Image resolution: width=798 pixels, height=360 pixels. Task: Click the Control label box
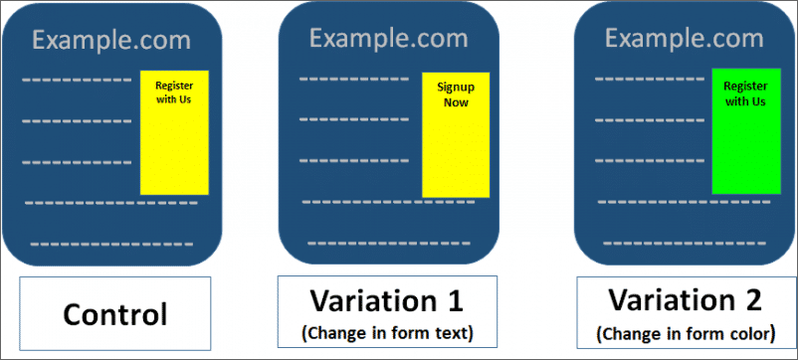[x=115, y=313]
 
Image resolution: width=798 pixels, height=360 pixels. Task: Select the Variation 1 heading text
[x=387, y=301]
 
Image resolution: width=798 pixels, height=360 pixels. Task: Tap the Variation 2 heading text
[x=686, y=301]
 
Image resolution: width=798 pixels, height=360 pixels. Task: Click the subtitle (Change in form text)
[x=387, y=333]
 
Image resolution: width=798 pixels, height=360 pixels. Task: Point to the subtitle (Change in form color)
[x=686, y=334]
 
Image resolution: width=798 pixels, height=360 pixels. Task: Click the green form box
[x=746, y=131]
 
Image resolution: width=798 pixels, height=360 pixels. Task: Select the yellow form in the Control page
[x=174, y=132]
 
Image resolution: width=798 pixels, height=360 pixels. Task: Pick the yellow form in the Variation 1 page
[x=456, y=134]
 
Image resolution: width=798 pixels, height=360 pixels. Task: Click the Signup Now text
[x=456, y=95]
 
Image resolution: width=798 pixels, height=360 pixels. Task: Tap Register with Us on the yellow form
[x=174, y=92]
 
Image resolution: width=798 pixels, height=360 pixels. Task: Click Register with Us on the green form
[x=745, y=94]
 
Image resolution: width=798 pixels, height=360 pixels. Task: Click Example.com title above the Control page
[x=112, y=41]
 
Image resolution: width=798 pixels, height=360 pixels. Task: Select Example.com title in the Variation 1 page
[x=389, y=38]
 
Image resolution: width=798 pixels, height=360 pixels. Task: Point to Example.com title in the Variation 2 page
[x=685, y=38]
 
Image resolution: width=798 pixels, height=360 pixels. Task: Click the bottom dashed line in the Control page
[x=111, y=245]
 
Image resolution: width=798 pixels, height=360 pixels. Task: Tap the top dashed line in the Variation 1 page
[x=354, y=79]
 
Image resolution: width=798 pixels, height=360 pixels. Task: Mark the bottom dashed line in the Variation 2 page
[x=685, y=243]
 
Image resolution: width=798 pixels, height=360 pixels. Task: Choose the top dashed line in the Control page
[x=77, y=80]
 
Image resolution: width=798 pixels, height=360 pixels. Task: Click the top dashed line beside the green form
[x=650, y=79]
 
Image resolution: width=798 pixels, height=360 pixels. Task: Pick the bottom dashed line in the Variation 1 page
[x=389, y=243]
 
